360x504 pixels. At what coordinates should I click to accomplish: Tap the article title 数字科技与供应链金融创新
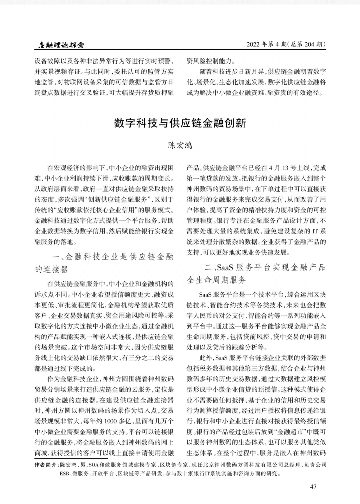pos(180,123)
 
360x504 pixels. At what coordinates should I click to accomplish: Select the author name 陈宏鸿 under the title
pos(180,145)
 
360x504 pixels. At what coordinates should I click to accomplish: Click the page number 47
pos(313,487)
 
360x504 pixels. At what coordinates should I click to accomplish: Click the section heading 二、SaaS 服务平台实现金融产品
pos(264,267)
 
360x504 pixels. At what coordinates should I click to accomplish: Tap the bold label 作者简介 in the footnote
pos(46,465)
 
